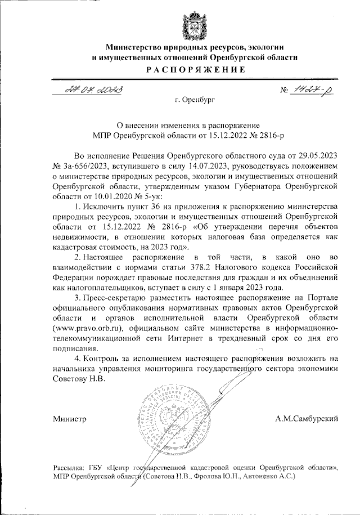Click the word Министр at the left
click(69, 419)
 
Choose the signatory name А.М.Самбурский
click(306, 419)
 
